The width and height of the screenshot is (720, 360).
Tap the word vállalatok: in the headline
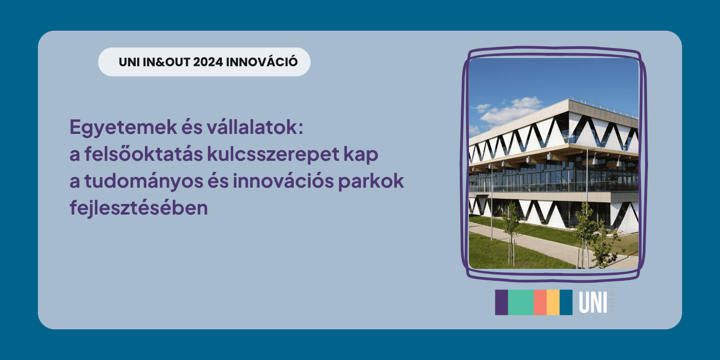click(x=255, y=127)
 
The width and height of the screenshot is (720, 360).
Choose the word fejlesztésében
click(x=139, y=208)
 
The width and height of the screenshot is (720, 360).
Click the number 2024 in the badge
click(x=208, y=62)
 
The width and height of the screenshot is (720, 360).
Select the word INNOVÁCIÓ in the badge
click(x=262, y=61)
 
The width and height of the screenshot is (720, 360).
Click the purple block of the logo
click(x=502, y=302)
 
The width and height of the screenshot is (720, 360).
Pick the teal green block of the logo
click(x=521, y=302)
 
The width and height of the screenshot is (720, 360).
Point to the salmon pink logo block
click(x=540, y=302)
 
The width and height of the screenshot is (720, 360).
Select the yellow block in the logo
click(x=553, y=302)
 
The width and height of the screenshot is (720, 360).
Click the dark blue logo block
click(x=566, y=302)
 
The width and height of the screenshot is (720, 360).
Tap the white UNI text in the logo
click(x=593, y=303)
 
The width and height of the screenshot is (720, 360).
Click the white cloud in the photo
click(x=511, y=111)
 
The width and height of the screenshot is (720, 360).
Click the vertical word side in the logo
click(x=612, y=302)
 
